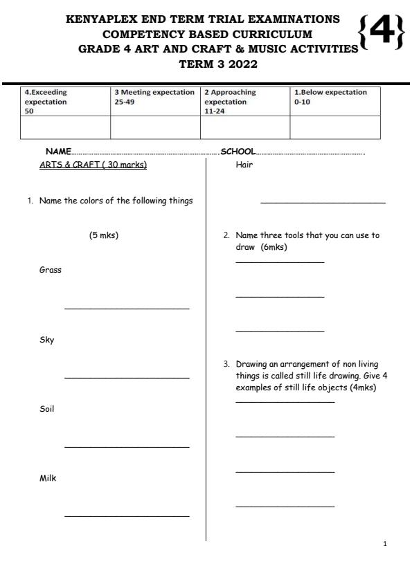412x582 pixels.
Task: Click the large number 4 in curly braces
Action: point(381,32)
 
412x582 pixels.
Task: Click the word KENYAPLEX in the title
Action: point(102,20)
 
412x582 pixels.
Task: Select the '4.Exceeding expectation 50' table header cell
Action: point(65,101)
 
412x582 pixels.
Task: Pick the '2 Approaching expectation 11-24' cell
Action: point(244,101)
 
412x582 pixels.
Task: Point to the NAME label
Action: point(58,152)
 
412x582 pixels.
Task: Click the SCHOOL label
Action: point(238,152)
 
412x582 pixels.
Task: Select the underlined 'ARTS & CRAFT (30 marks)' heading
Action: point(93,165)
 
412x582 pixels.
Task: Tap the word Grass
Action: point(51,270)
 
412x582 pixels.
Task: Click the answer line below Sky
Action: point(127,377)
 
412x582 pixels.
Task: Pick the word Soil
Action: point(47,409)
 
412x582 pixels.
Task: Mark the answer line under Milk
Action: point(127,516)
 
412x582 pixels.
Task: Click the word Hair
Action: point(244,165)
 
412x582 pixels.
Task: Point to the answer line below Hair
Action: point(323,203)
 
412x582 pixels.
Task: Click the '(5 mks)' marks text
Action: point(104,235)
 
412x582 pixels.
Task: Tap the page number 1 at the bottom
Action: point(385,544)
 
